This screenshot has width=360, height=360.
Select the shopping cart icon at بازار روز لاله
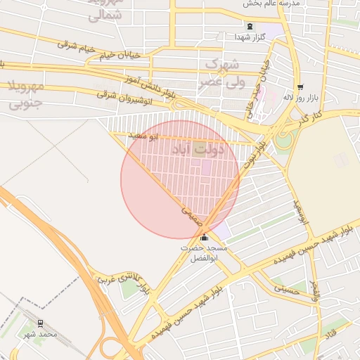point(301,87)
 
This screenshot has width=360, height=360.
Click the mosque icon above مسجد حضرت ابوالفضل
point(205,238)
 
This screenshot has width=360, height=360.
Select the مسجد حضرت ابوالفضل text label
point(205,253)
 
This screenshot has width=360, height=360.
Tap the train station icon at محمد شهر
point(40,323)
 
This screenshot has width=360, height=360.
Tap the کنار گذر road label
point(307,117)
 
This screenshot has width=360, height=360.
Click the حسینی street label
point(286,288)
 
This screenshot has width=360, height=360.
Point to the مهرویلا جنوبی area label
point(25,95)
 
